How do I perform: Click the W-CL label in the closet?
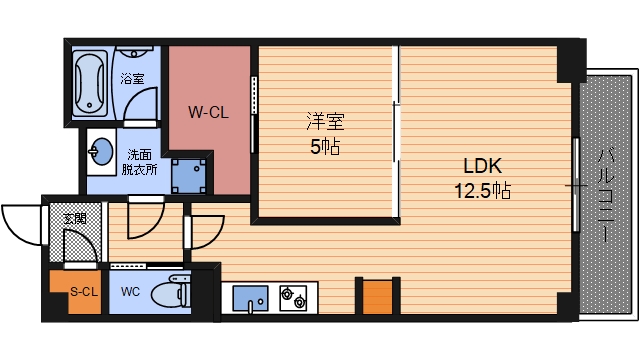(209, 113)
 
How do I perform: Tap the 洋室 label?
(325, 122)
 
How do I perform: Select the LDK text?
(481, 166)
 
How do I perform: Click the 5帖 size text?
(325, 146)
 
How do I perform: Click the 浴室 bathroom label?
(131, 78)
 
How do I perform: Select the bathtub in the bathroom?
(90, 82)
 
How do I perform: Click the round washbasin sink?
(101, 153)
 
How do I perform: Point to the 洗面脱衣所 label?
(139, 162)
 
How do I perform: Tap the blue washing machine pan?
(189, 177)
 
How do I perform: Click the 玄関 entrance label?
(74, 217)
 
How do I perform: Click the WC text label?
(130, 293)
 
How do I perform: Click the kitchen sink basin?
(251, 298)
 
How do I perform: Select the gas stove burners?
(294, 297)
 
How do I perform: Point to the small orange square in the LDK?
(376, 297)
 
